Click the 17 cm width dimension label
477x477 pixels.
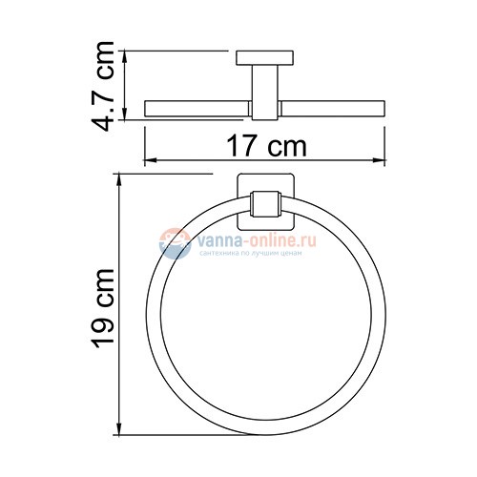tap(268, 146)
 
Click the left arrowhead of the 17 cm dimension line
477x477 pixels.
tap(148, 160)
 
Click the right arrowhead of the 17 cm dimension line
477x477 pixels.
tap(384, 160)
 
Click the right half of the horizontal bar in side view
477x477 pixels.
tap(334, 106)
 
